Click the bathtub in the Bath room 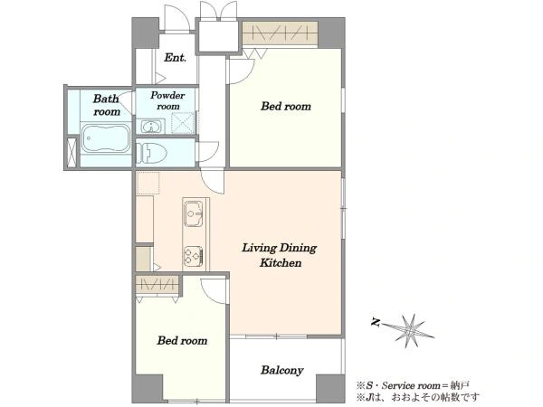click(x=106, y=138)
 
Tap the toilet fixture click(x=151, y=153)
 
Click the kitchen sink click(x=193, y=213)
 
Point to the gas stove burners click(x=194, y=256)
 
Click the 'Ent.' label click(x=176, y=58)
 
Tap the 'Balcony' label click(x=281, y=370)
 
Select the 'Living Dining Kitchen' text click(x=279, y=255)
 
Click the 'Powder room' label click(x=167, y=100)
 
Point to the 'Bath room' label click(x=107, y=105)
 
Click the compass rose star click(x=410, y=330)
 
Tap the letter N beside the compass click(x=376, y=323)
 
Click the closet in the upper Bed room click(x=280, y=33)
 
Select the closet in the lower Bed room click(x=157, y=285)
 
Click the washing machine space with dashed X click(x=183, y=122)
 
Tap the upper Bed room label click(x=286, y=106)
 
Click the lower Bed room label click(x=183, y=341)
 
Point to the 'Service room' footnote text click(x=413, y=385)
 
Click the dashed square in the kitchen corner click(x=148, y=183)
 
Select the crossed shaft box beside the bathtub click(x=71, y=153)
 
